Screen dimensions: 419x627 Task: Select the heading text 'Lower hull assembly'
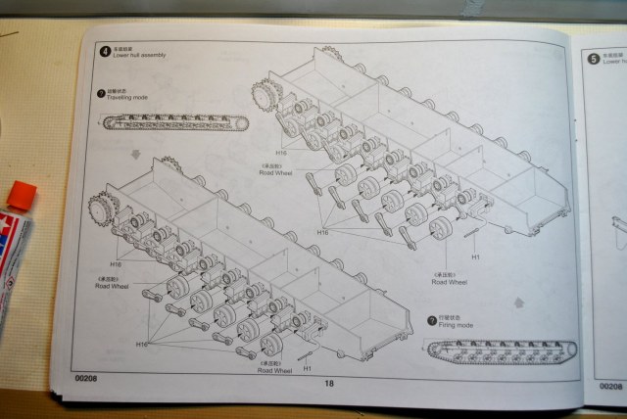(x=140, y=56)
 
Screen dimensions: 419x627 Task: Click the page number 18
(x=328, y=383)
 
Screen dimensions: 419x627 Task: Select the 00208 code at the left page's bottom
(x=87, y=377)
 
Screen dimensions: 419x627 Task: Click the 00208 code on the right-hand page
(x=610, y=387)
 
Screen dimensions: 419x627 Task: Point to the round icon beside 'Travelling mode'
(x=101, y=95)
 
